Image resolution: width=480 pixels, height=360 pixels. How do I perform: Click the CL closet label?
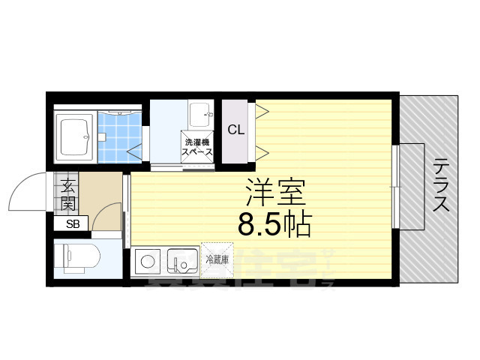click(235, 129)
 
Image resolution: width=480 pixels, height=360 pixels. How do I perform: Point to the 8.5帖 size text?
click(274, 223)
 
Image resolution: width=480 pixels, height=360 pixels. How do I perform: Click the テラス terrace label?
click(441, 184)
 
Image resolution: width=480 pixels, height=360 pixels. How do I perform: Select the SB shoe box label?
click(72, 223)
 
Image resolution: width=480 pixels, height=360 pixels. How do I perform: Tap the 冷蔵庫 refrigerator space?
click(217, 259)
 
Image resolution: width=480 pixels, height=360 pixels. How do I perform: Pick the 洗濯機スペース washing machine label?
click(196, 146)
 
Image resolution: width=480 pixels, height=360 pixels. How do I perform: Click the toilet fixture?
click(74, 256)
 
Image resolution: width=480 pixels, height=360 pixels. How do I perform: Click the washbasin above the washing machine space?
click(200, 115)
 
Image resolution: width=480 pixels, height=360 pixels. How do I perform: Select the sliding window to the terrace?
click(395, 187)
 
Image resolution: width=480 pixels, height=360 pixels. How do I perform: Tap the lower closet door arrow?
click(262, 154)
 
